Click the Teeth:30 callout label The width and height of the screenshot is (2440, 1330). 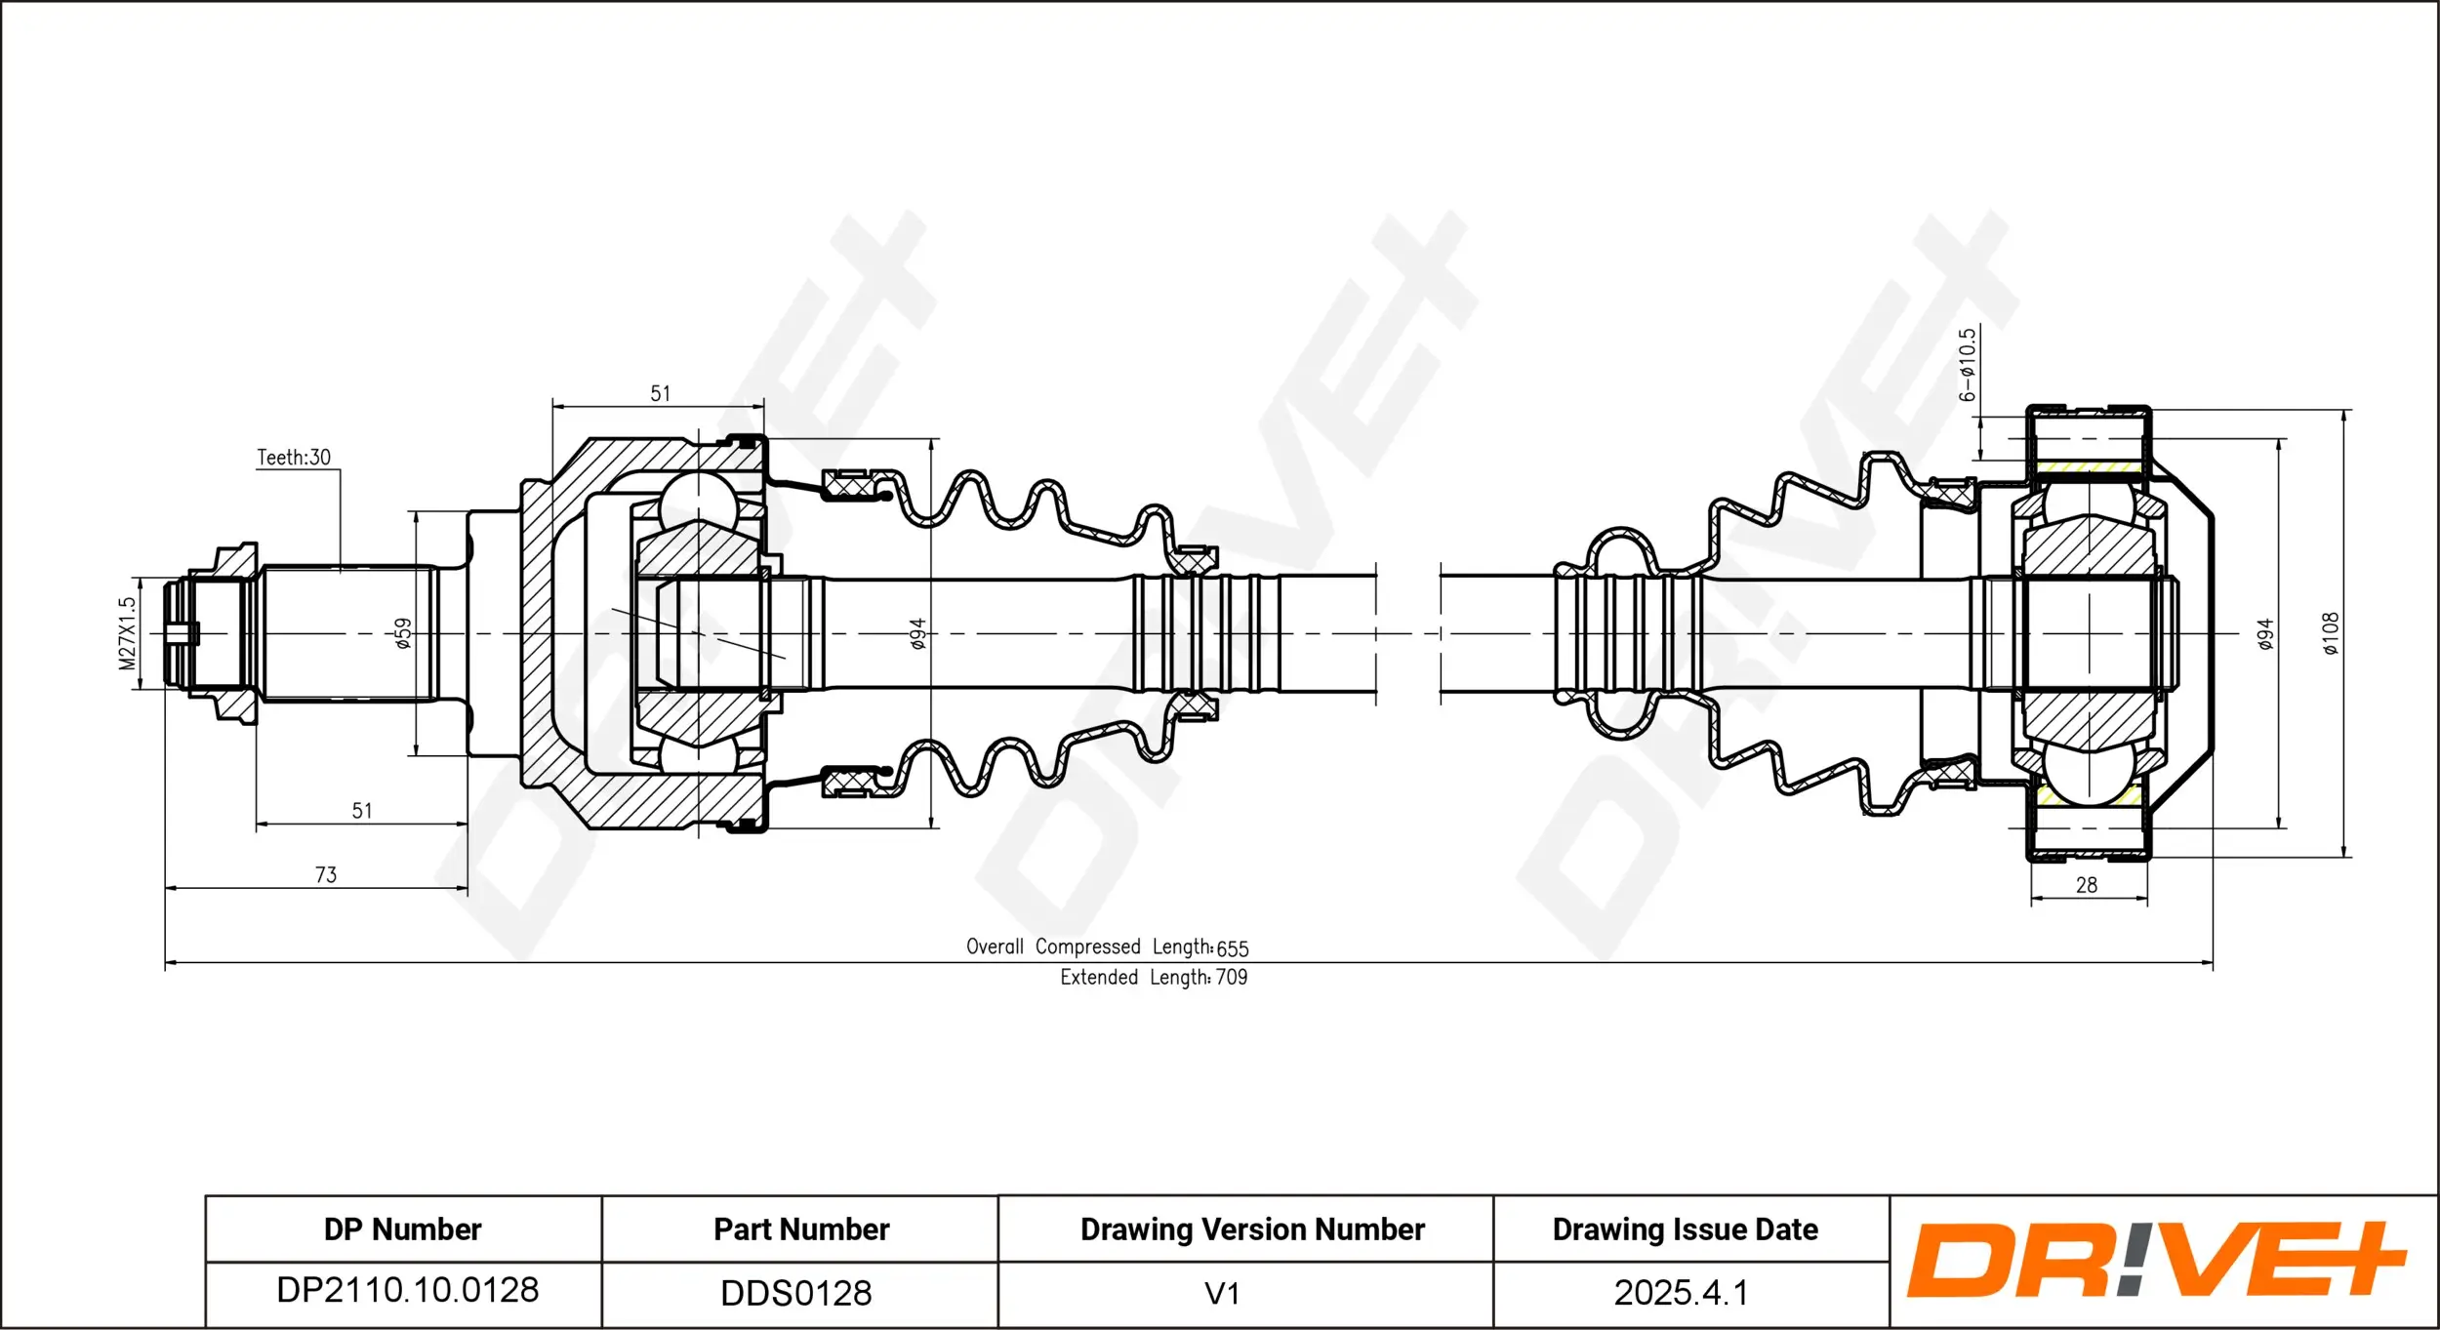tap(293, 458)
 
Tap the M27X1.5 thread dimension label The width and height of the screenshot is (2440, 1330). tap(128, 633)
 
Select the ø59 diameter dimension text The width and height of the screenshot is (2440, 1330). tap(403, 633)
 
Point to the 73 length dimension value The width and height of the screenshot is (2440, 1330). tap(326, 875)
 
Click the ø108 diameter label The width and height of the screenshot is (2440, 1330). tap(2331, 633)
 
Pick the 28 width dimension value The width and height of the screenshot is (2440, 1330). tap(2087, 885)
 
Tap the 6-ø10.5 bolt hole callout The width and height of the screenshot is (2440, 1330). tap(1968, 365)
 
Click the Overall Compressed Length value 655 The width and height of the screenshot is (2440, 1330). tap(1233, 948)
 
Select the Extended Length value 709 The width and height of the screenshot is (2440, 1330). tap(1232, 978)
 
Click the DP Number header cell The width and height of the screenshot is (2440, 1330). tap(403, 1229)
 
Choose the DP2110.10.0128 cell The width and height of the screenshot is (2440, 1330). tap(407, 1290)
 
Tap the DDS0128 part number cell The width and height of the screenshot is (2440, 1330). tap(796, 1293)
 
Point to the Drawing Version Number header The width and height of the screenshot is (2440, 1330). tap(1252, 1229)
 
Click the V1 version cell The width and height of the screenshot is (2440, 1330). tap(1222, 1293)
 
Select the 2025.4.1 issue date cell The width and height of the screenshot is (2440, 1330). tap(1681, 1293)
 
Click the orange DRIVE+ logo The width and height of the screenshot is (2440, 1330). tap(2157, 1260)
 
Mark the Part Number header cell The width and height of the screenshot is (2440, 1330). tap(801, 1229)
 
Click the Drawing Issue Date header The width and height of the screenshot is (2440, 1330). tap(1686, 1229)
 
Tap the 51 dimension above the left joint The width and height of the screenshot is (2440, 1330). tap(661, 393)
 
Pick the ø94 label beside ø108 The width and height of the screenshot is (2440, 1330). tap(2265, 633)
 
